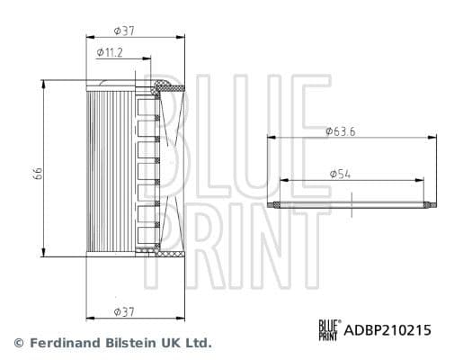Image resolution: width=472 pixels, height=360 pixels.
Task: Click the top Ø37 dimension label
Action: pos(124,31)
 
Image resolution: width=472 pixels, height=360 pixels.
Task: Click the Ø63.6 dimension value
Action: pos(342,130)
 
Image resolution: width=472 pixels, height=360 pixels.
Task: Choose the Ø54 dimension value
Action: pos(342,172)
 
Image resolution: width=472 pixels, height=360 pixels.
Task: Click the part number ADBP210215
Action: pos(388,330)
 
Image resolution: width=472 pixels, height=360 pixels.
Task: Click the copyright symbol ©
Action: pos(17,344)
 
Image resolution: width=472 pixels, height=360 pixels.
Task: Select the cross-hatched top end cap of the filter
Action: pos(169,87)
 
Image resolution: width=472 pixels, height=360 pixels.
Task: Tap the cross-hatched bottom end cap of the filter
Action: pos(169,254)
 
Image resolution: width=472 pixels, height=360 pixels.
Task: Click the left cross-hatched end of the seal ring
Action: pos(275,205)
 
